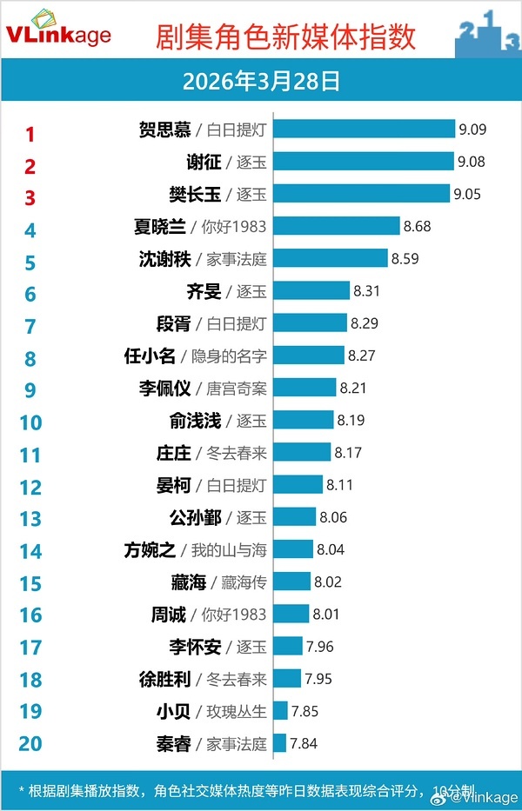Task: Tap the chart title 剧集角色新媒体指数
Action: (x=285, y=37)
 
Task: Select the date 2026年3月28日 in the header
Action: (x=261, y=82)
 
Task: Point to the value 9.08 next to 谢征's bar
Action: (x=472, y=162)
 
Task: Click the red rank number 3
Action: (x=30, y=197)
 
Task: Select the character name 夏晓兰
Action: (x=159, y=226)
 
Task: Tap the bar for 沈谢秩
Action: (x=331, y=258)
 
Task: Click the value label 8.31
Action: (x=366, y=291)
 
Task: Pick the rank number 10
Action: (x=30, y=422)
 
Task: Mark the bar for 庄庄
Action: (x=302, y=452)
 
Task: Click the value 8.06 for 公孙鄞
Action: (x=333, y=517)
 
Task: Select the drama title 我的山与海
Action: (x=229, y=549)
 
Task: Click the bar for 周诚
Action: (x=291, y=614)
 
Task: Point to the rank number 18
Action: (x=30, y=680)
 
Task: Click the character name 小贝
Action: (x=171, y=711)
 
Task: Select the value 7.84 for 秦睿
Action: (x=304, y=743)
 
